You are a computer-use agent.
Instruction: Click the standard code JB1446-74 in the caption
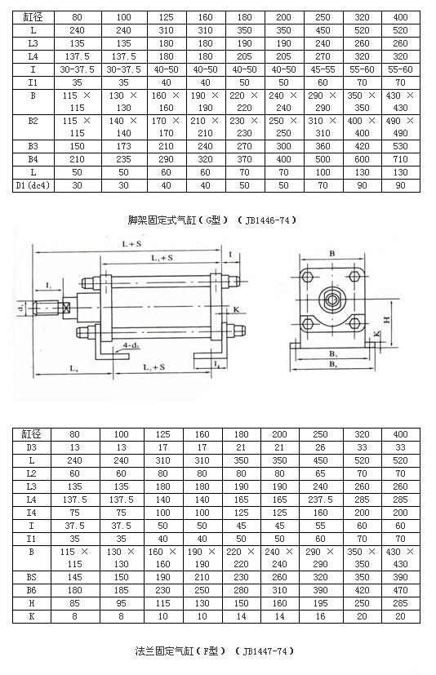(x=265, y=220)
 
